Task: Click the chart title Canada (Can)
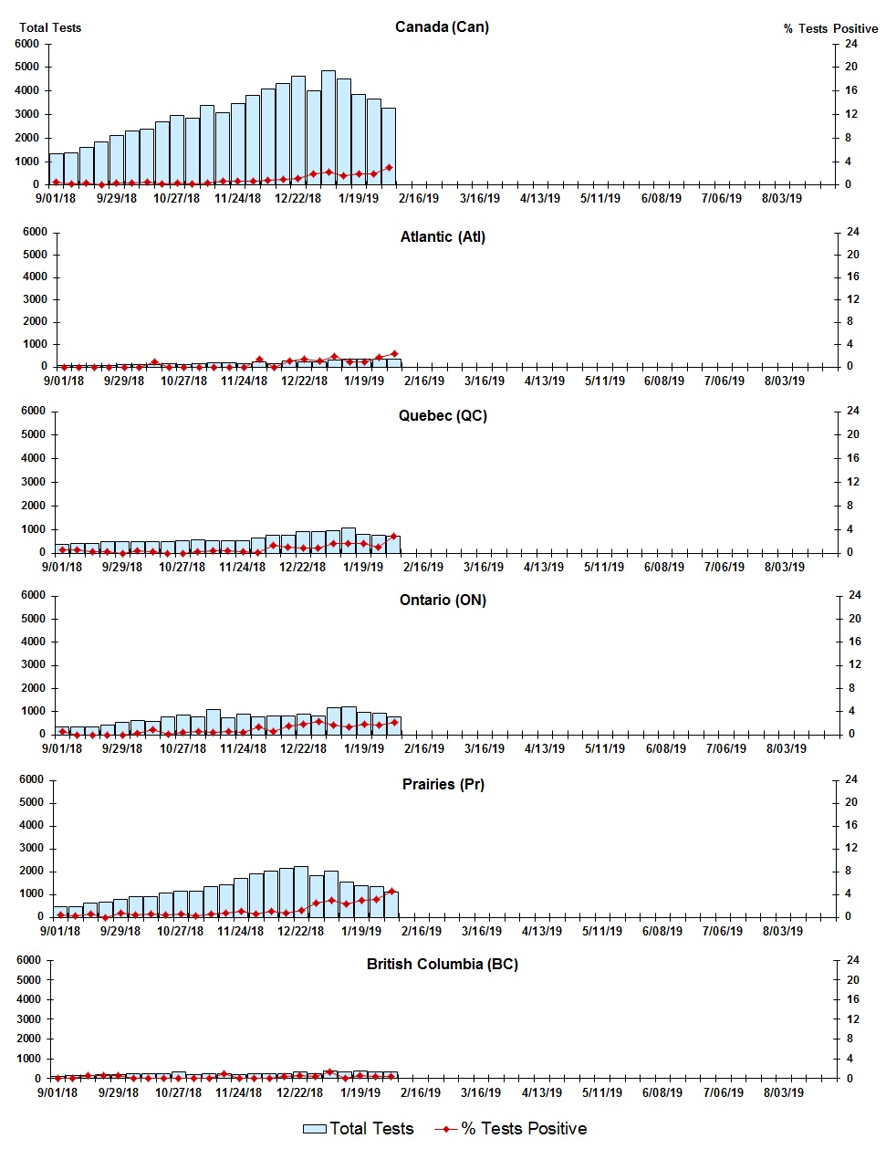tap(442, 26)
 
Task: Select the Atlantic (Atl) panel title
tap(443, 236)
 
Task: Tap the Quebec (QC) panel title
tap(443, 415)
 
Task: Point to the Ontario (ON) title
tap(443, 600)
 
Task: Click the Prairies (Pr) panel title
tap(443, 784)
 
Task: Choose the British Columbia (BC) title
tap(442, 964)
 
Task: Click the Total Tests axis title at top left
tap(50, 27)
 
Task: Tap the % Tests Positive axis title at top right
tap(830, 28)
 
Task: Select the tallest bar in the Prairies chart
tap(301, 891)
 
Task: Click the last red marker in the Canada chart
tap(389, 168)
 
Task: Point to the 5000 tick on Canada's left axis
tap(27, 67)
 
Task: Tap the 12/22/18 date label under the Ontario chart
tap(303, 748)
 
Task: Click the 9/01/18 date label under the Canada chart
tap(56, 198)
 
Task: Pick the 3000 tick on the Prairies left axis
tap(31, 848)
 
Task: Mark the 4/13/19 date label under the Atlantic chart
tap(544, 381)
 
